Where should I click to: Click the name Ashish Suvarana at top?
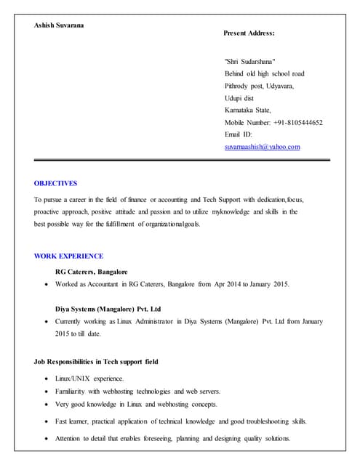[59, 26]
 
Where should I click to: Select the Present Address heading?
[249, 33]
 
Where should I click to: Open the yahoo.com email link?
[263, 147]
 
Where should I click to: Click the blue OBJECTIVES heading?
[56, 183]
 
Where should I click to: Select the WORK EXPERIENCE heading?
[69, 256]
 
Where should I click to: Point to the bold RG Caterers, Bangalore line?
[92, 271]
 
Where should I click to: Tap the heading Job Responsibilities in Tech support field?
[96, 361]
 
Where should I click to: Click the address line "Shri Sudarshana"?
[250, 62]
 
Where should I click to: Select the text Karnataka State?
[248, 110]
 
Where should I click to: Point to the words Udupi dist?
[239, 98]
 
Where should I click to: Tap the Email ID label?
[239, 134]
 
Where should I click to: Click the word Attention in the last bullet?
[71, 438]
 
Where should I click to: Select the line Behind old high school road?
[265, 74]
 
